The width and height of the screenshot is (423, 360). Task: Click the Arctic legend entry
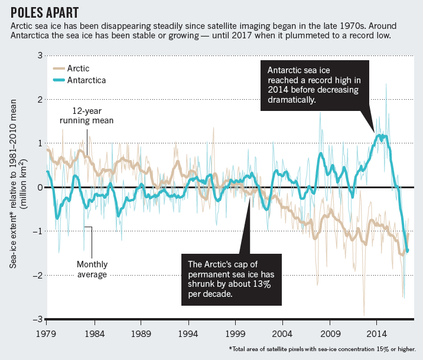coord(74,68)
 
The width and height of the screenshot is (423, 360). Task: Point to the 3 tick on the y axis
coord(40,55)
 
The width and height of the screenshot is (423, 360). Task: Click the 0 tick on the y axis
coord(40,188)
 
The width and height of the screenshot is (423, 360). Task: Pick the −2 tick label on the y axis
coord(38,276)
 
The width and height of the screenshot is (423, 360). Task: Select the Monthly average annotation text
coord(92,269)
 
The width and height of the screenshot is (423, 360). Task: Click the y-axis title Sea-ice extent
coord(17,188)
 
